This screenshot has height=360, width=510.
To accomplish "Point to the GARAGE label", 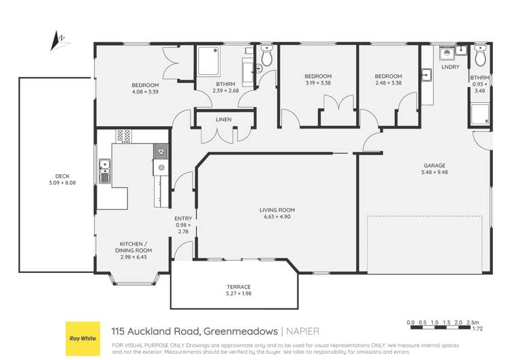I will [x=434, y=165].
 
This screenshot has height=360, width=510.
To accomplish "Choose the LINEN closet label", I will [x=223, y=120].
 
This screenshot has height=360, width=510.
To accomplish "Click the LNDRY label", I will [x=449, y=67].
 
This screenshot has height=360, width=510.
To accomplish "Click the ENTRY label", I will [x=183, y=218].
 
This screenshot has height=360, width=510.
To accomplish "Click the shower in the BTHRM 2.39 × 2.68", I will [x=210, y=62].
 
